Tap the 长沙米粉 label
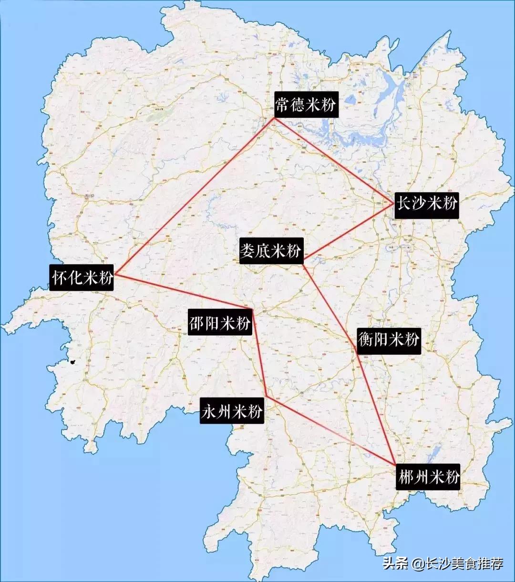tap(427, 204)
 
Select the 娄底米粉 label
tap(271, 251)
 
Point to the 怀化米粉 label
tap(82, 277)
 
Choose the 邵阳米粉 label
tap(220, 323)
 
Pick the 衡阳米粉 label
tap(389, 340)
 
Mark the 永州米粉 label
tap(232, 411)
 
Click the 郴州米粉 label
tap(429, 477)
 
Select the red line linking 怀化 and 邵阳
tap(184, 292)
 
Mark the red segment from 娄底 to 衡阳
tap(330, 307)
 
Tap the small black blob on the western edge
tap(72, 362)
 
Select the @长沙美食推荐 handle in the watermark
tap(458, 564)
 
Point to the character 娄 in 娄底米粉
tap(247, 251)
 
